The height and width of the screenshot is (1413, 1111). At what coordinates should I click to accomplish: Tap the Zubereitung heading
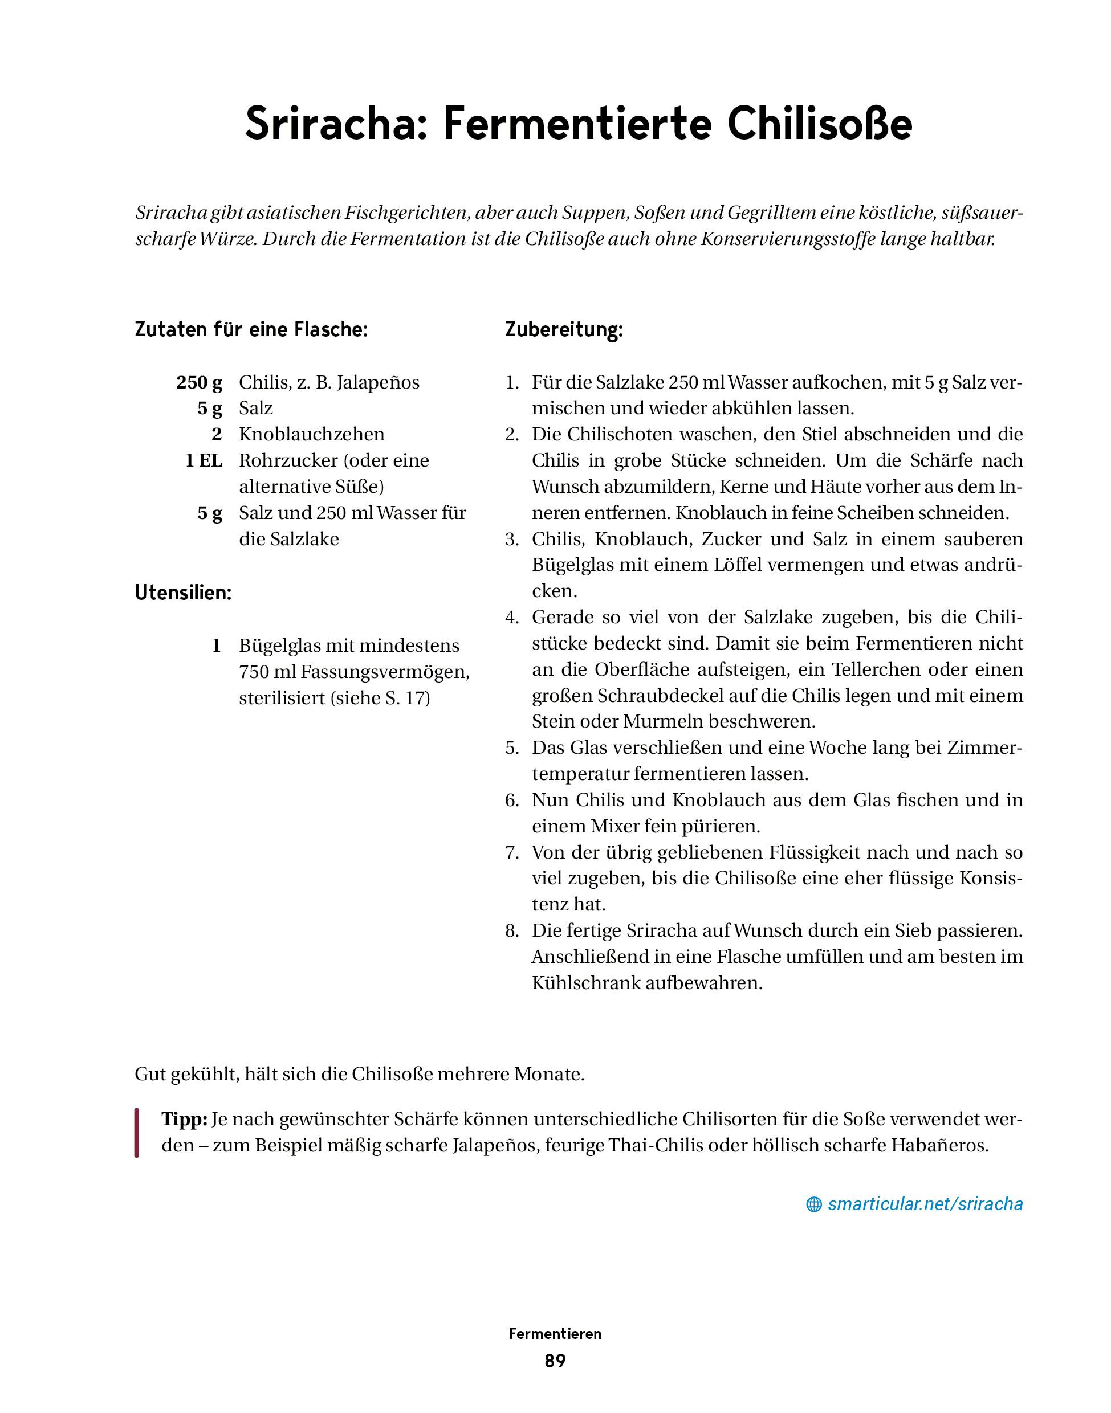click(x=564, y=330)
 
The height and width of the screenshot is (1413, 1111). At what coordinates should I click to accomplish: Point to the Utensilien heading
click(x=183, y=593)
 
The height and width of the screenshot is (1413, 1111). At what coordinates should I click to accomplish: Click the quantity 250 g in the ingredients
click(x=199, y=382)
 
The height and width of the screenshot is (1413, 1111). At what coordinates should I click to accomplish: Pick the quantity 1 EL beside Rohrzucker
click(x=204, y=460)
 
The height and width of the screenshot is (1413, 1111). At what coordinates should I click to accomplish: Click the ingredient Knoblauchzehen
click(x=312, y=434)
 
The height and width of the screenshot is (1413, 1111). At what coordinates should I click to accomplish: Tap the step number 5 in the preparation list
click(x=512, y=748)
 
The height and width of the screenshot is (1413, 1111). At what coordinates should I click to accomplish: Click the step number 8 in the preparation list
click(x=512, y=930)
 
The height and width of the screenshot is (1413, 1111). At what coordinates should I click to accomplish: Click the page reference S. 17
click(x=401, y=699)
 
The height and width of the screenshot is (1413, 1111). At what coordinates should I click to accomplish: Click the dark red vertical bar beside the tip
click(x=137, y=1133)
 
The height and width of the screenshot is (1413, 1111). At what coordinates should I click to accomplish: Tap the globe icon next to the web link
click(x=813, y=1204)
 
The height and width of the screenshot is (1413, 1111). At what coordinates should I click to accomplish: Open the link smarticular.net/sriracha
click(x=925, y=1204)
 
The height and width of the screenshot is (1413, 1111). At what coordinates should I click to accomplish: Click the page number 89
click(x=555, y=1361)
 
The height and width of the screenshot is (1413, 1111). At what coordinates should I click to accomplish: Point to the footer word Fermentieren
click(x=555, y=1334)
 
